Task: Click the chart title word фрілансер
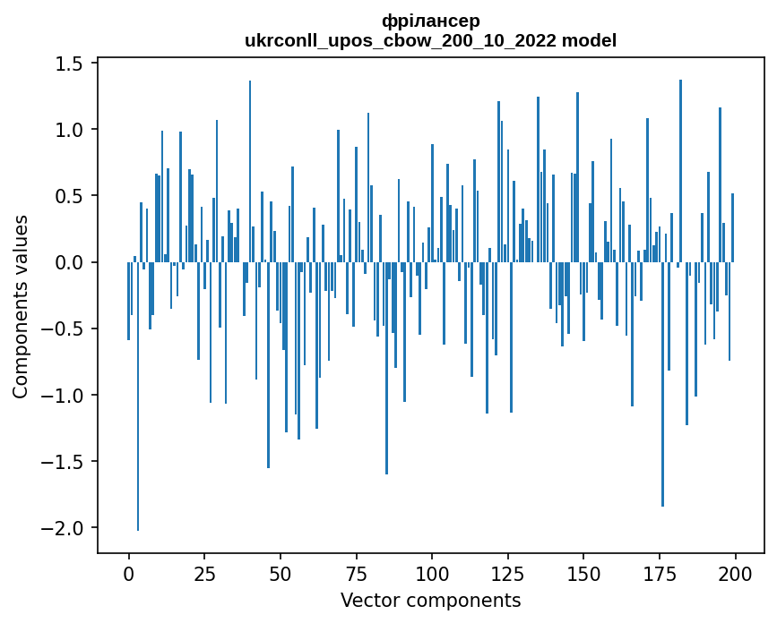click(430, 21)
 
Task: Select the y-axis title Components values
click(20, 306)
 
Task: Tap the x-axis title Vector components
click(430, 600)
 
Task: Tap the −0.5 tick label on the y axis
click(63, 329)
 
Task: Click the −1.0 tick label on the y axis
click(63, 396)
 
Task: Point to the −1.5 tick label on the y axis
click(63, 462)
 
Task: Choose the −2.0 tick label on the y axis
click(63, 528)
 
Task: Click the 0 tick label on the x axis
click(128, 573)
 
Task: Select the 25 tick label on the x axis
click(204, 573)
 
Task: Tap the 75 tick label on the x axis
click(356, 573)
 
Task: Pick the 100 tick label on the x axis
click(432, 573)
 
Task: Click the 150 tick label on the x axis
click(583, 573)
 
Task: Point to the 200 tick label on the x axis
click(735, 573)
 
